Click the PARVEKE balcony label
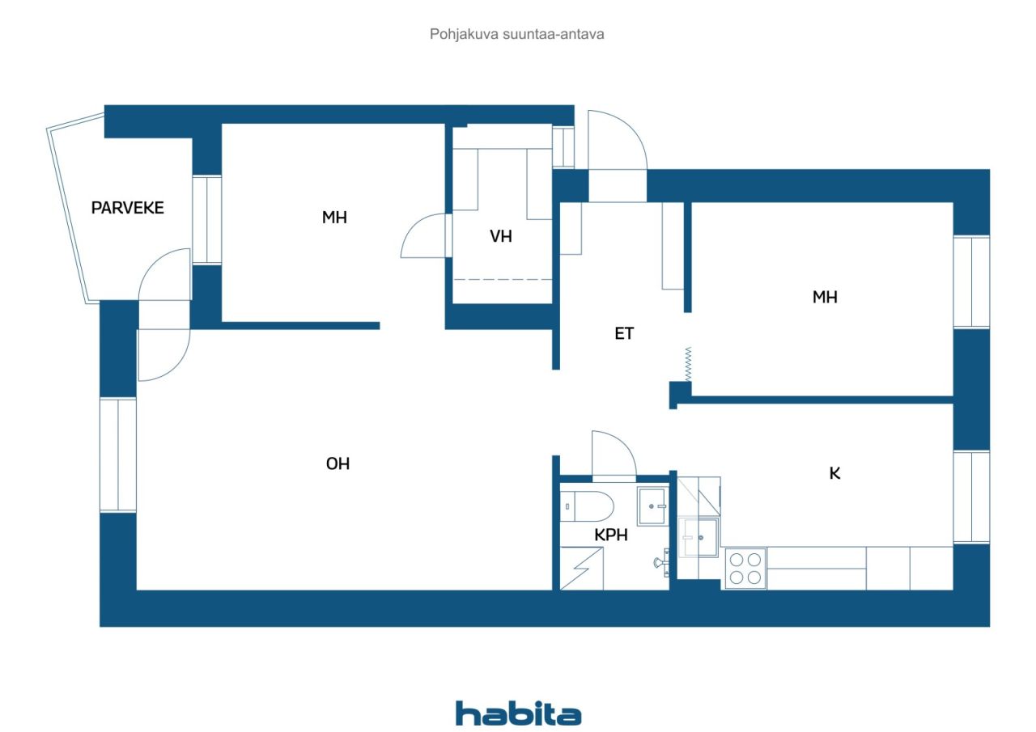[x=127, y=208]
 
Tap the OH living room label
[x=338, y=464]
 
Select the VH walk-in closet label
[x=501, y=237]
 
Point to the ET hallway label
[x=624, y=333]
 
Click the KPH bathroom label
[x=612, y=535]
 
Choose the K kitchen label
[x=834, y=474]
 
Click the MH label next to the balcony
[x=334, y=217]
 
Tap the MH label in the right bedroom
[x=825, y=298]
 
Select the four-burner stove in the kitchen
[x=745, y=568]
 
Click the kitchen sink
[x=698, y=538]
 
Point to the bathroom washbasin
[x=652, y=507]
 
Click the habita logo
[x=518, y=713]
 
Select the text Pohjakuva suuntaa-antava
[x=517, y=35]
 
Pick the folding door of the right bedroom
[x=687, y=365]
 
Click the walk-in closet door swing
[x=424, y=236]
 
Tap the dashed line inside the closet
[x=502, y=279]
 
